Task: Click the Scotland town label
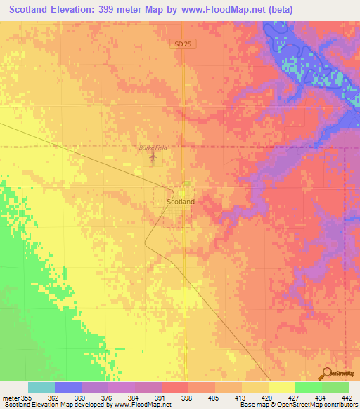181,201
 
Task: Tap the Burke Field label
153,148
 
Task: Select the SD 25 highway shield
181,44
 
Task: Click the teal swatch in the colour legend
41,387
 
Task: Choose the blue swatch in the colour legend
68,387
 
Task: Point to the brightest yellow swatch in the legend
282,387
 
